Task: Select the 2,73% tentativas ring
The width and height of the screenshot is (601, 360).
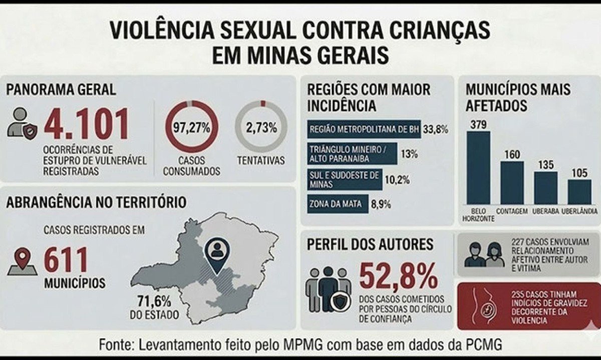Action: point(261,127)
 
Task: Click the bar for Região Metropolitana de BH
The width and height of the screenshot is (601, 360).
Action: point(364,129)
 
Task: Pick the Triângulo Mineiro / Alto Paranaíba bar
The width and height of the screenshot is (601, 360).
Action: point(352,154)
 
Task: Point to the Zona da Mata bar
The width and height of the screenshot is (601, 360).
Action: point(338,204)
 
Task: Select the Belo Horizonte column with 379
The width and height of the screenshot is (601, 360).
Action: point(478,168)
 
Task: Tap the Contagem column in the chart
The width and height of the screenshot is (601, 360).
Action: point(512,182)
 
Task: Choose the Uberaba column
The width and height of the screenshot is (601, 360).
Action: point(545,188)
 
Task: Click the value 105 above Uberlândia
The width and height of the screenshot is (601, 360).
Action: point(579,173)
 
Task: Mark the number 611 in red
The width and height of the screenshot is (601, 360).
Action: point(66,260)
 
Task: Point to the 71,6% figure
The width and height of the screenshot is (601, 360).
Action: point(154,302)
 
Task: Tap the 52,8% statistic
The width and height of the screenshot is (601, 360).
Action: point(398,276)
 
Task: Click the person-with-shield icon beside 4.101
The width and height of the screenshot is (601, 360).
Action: point(23,123)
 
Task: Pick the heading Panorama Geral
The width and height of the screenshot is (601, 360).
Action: point(61,90)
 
